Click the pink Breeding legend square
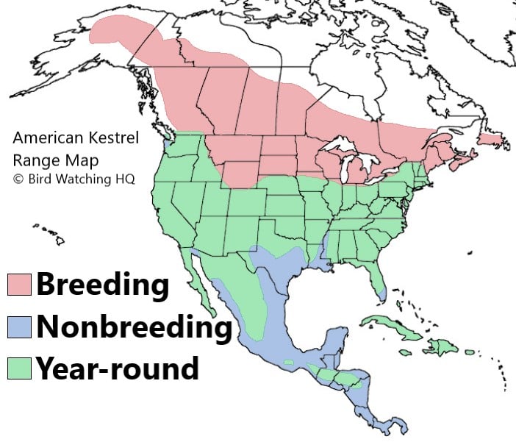point(19,285)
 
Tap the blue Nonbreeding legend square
point(19,327)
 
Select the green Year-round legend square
point(19,368)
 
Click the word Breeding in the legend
point(103,284)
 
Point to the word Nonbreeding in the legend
point(134,327)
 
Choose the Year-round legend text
point(118,367)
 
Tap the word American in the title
point(44,138)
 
